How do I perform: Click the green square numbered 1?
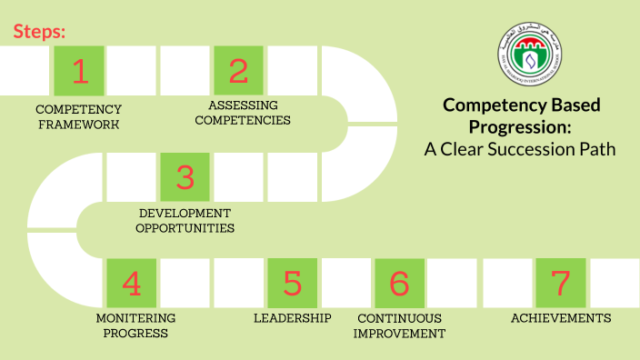click(79, 70)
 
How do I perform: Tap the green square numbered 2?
click(238, 70)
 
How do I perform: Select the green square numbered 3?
click(185, 176)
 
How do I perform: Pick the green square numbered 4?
click(132, 283)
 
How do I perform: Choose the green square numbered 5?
click(292, 283)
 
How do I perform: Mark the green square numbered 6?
click(399, 283)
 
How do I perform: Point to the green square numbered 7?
click(560, 283)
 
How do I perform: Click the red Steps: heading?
click(39, 32)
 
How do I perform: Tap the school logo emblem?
click(524, 50)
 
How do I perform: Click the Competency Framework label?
click(79, 116)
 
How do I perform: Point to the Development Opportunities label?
click(185, 220)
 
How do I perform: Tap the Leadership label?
click(292, 318)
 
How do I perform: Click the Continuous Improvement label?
click(400, 325)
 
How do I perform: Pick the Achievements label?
click(561, 318)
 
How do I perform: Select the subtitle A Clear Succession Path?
click(520, 148)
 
